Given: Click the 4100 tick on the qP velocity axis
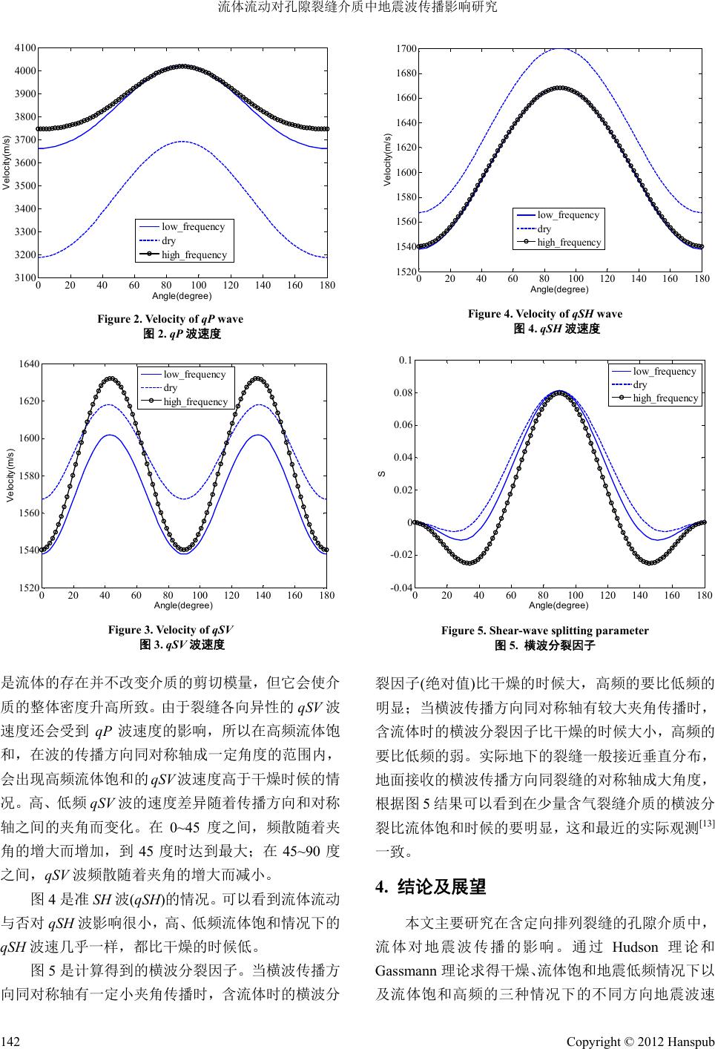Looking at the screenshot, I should click(26, 47).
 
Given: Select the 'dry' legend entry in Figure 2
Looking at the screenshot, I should click(169, 240).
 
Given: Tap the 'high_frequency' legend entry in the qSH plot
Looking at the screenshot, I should click(569, 243).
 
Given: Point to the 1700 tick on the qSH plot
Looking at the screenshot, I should click(406, 49).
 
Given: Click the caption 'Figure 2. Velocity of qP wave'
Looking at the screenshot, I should click(170, 319).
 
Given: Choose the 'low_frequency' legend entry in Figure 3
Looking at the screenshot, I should click(194, 374).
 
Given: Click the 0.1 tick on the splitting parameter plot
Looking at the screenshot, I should click(405, 360).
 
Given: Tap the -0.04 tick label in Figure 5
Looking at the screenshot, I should click(402, 588).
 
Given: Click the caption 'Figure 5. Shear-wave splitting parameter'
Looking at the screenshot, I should click(544, 631).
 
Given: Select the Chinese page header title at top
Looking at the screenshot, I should click(357, 8).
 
